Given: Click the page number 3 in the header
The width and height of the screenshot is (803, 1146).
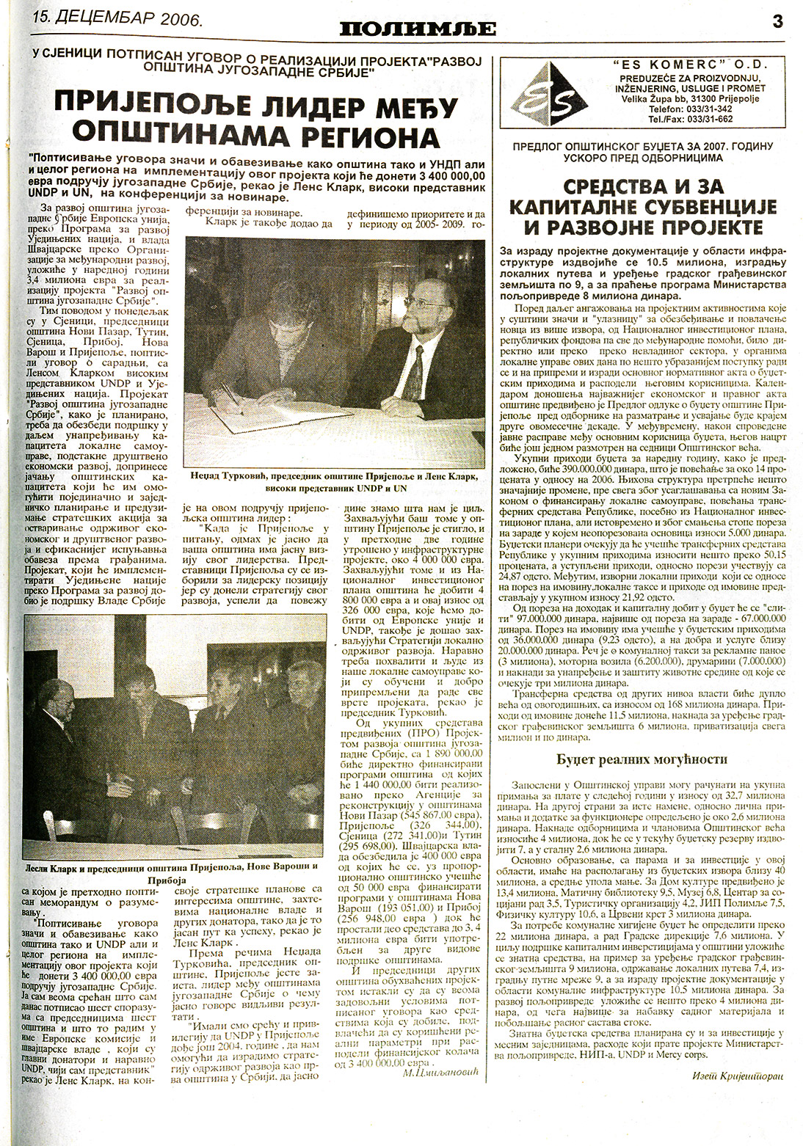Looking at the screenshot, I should (777, 21).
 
